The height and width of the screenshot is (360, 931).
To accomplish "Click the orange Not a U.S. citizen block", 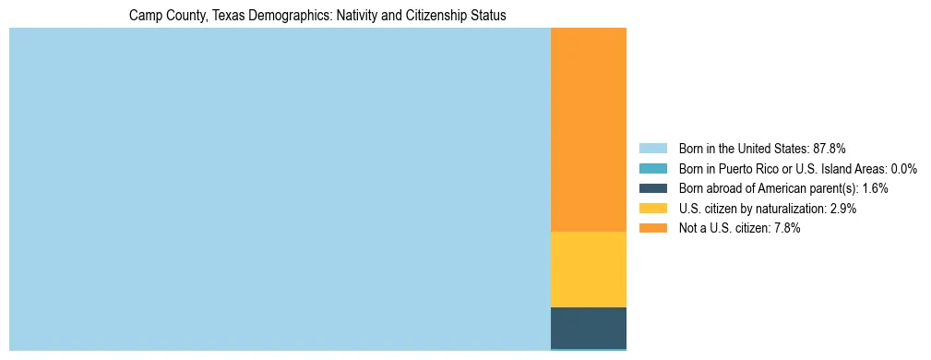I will click(x=588, y=129).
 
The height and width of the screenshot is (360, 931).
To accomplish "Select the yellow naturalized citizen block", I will click(x=588, y=269).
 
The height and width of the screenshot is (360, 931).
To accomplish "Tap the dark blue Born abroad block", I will click(x=588, y=327).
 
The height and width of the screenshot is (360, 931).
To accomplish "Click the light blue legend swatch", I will click(x=652, y=149).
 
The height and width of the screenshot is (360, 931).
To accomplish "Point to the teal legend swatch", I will click(x=652, y=169).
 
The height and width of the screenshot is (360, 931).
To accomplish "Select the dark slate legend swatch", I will click(x=652, y=188).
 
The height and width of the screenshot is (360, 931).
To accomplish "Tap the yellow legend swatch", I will click(x=652, y=209).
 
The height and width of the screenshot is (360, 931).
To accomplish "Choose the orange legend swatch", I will click(x=652, y=229).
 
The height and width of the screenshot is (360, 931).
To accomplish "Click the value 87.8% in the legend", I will click(x=830, y=149).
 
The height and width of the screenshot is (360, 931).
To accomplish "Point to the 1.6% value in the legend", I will click(x=876, y=188).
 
